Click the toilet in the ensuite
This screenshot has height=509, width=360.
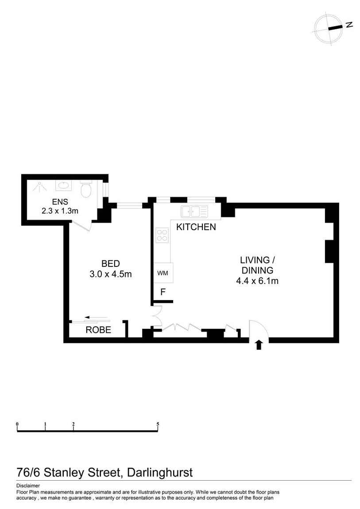click(86, 189)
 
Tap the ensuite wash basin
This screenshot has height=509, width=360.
click(64, 186)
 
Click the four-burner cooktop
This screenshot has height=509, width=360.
click(162, 235)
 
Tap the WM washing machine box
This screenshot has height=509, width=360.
click(163, 273)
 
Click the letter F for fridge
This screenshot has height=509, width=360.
click(163, 292)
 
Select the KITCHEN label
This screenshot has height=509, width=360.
click(196, 227)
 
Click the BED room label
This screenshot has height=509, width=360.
click(111, 264)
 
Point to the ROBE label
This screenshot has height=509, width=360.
click(98, 330)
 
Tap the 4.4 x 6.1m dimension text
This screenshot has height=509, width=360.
click(257, 281)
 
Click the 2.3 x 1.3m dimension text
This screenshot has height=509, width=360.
click(60, 211)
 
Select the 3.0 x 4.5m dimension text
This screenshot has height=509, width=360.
click(111, 274)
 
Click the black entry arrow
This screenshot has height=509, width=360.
click(259, 345)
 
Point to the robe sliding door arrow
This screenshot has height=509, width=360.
click(96, 317)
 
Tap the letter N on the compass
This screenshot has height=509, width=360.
click(349, 24)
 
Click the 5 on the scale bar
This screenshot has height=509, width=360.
click(158, 424)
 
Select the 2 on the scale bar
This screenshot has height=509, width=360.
click(74, 424)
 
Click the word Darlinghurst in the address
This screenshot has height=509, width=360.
click(160, 472)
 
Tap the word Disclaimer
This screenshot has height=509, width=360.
click(28, 486)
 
